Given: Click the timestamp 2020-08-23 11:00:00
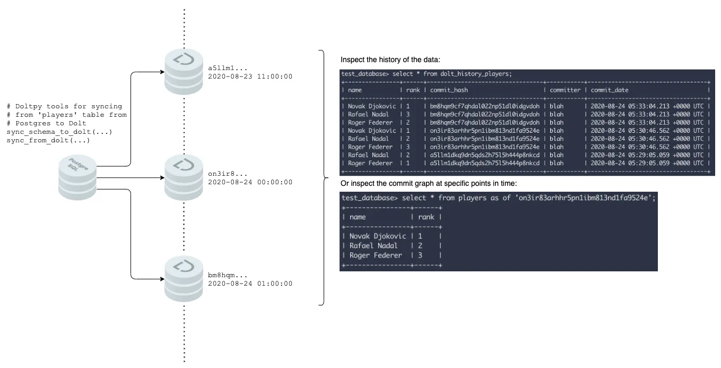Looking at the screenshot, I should point(250,76).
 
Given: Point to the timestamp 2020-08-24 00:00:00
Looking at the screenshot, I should point(250,182).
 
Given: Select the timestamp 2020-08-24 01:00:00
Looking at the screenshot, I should point(250,284).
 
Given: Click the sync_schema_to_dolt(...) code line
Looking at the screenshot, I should point(59,132).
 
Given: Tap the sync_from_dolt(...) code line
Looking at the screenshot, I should point(48,140).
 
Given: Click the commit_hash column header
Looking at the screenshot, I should point(449,90).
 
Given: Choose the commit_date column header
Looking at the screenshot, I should point(609,90).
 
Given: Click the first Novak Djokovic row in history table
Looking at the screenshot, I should point(371,106).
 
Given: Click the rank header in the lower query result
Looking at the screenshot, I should point(425,217).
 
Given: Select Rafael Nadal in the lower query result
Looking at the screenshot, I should point(373,245).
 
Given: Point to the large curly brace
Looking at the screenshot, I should point(322,178).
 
